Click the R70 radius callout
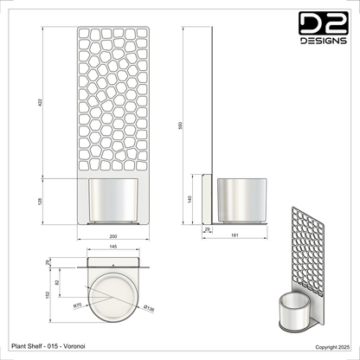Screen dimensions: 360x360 pos(77,305)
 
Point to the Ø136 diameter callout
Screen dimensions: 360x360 pos(149,306)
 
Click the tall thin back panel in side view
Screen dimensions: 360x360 pos(212,104)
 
